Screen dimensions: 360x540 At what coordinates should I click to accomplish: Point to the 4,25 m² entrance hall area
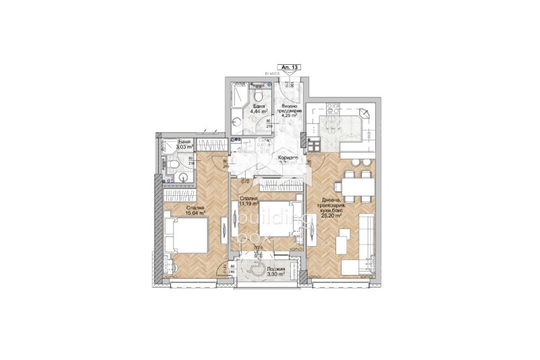coord(290,115)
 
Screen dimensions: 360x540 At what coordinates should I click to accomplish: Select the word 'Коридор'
coord(289,158)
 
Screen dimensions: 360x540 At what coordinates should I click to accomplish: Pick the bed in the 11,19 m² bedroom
coord(267,223)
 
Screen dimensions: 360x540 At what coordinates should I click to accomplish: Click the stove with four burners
coord(313,144)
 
